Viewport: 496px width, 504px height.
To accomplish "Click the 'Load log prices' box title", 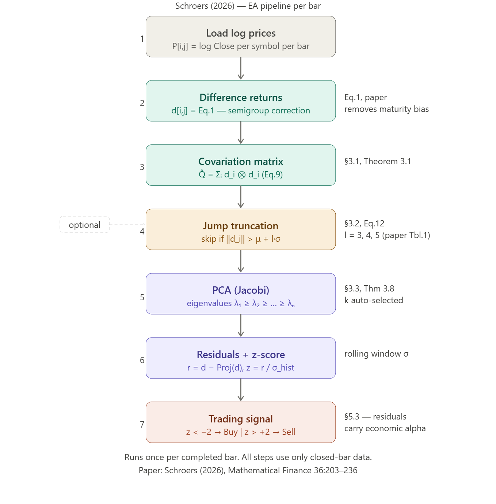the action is tap(241, 33).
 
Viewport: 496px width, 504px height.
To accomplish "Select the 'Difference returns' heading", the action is tap(241, 98).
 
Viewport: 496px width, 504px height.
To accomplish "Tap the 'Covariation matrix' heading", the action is tap(241, 162).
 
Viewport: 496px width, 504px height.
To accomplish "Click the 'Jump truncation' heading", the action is tap(241, 226).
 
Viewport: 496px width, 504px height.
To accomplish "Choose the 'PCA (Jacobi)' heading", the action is tap(241, 290).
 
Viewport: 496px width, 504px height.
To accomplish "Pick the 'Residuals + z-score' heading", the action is tap(241, 355).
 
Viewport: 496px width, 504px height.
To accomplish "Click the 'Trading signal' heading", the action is tap(241, 419).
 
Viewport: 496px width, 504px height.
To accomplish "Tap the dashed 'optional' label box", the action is tap(84, 225).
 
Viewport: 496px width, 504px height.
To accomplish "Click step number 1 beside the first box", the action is tap(142, 39).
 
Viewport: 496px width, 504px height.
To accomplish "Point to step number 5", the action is tap(142, 297).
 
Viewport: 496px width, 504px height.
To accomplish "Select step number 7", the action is tap(142, 425).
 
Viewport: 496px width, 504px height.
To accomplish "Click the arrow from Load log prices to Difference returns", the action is tap(241, 68).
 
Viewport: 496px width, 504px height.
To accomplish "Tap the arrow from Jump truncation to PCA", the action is tap(241, 261).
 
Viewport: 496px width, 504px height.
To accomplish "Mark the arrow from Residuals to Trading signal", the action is tap(241, 390).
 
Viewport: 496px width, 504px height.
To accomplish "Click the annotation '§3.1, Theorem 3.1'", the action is tap(377, 161).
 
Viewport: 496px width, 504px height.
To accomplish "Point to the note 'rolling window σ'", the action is tap(376, 354).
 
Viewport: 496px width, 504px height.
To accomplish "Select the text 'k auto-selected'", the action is tap(374, 300).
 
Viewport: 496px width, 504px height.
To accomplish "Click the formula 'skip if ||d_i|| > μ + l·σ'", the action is tap(241, 239).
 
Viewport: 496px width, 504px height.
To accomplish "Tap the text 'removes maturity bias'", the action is tap(386, 109).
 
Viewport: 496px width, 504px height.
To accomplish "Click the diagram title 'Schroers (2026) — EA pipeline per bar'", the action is tap(248, 6).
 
